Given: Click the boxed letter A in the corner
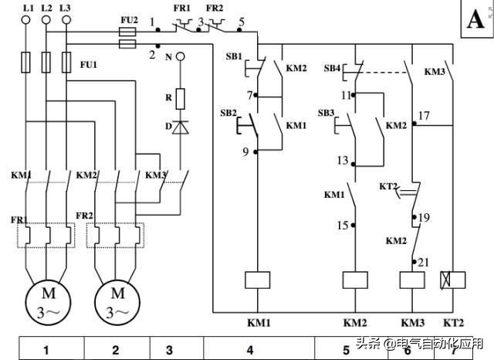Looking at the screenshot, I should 474,20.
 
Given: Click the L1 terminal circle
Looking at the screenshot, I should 29,20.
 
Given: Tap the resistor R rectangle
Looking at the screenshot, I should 180,98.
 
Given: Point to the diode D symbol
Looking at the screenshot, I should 180,126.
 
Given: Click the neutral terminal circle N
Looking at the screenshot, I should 180,56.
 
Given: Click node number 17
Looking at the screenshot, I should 423,116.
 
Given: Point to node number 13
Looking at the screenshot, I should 341,161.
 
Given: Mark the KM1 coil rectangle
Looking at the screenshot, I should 255,280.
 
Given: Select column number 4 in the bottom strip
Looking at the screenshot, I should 249,350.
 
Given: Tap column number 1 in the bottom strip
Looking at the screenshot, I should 46,350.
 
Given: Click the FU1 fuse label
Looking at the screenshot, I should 89,65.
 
